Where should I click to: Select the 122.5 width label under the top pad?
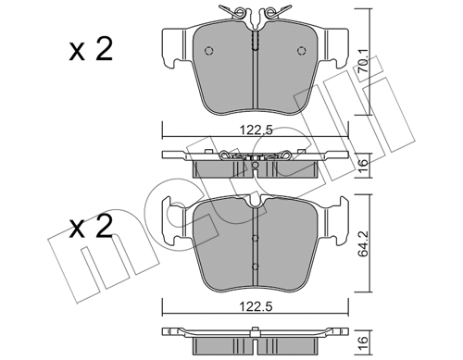[x=257, y=130]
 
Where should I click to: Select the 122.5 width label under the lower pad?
[x=257, y=307]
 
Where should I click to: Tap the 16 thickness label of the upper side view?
[x=364, y=165]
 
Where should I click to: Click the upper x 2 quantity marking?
[x=91, y=49]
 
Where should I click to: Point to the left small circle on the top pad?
[x=209, y=51]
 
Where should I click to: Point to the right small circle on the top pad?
[x=301, y=51]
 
